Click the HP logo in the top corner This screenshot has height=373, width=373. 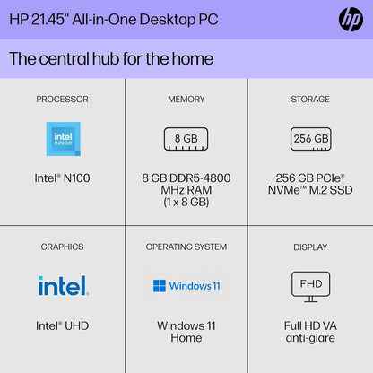tap(350, 19)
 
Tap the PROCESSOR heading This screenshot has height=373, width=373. tap(62, 100)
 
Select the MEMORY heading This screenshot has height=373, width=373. tap(186, 100)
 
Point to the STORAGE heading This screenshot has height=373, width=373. tap(310, 100)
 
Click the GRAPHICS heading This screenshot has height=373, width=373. tap(62, 247)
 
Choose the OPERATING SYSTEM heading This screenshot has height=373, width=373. tap(186, 247)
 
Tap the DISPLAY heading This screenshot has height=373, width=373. tap(310, 247)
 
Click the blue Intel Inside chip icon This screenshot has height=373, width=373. tap(62, 138)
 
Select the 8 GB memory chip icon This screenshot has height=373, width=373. tap(186, 139)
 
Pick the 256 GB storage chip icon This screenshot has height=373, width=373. tap(310, 139)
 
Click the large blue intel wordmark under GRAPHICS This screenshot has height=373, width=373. tap(62, 286)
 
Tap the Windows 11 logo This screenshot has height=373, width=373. tap(186, 286)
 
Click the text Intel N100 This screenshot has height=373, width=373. tap(62, 178)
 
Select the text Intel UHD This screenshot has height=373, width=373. tap(62, 325)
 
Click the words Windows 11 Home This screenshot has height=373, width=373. tap(186, 332)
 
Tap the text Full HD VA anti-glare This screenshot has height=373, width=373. tap(310, 332)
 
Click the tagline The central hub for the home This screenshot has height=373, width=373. tap(111, 59)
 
